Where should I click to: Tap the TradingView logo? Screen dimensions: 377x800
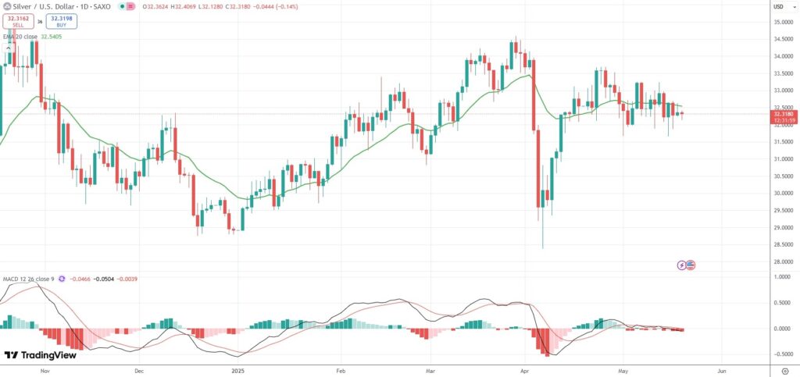(x=41, y=355)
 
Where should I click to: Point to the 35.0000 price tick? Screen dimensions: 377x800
(x=781, y=22)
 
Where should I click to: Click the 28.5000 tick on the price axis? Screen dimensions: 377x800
(x=781, y=244)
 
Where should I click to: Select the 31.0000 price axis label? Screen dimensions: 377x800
(x=781, y=158)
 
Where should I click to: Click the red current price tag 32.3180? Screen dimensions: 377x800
(x=783, y=114)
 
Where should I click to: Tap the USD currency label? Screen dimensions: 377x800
(x=778, y=6)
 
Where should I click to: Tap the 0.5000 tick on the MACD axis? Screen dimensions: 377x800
(x=781, y=303)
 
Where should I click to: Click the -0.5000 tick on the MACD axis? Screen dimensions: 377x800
(x=781, y=354)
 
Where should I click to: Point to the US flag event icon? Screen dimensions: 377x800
(x=691, y=265)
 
